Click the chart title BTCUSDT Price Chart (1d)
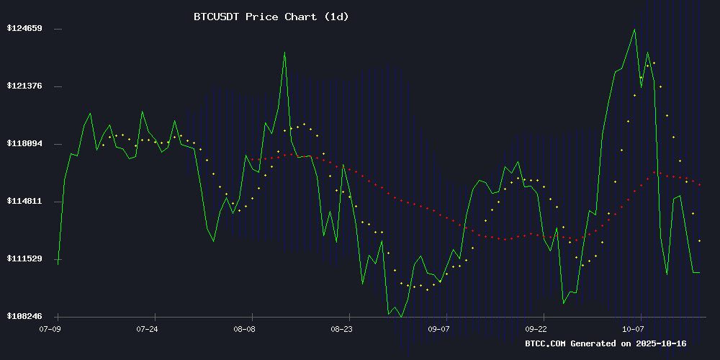[x=271, y=16]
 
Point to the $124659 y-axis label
[x=24, y=28]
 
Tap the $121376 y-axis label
[x=24, y=86]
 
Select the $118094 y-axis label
[x=24, y=143]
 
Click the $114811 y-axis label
[x=24, y=201]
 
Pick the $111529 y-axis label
[x=24, y=258]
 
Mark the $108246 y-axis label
[x=24, y=316]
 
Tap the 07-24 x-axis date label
[x=147, y=328]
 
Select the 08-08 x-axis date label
[x=244, y=328]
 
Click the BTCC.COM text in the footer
[x=546, y=343]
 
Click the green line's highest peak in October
[x=634, y=30]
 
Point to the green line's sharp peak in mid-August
[x=284, y=53]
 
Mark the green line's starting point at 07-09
[x=58, y=264]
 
